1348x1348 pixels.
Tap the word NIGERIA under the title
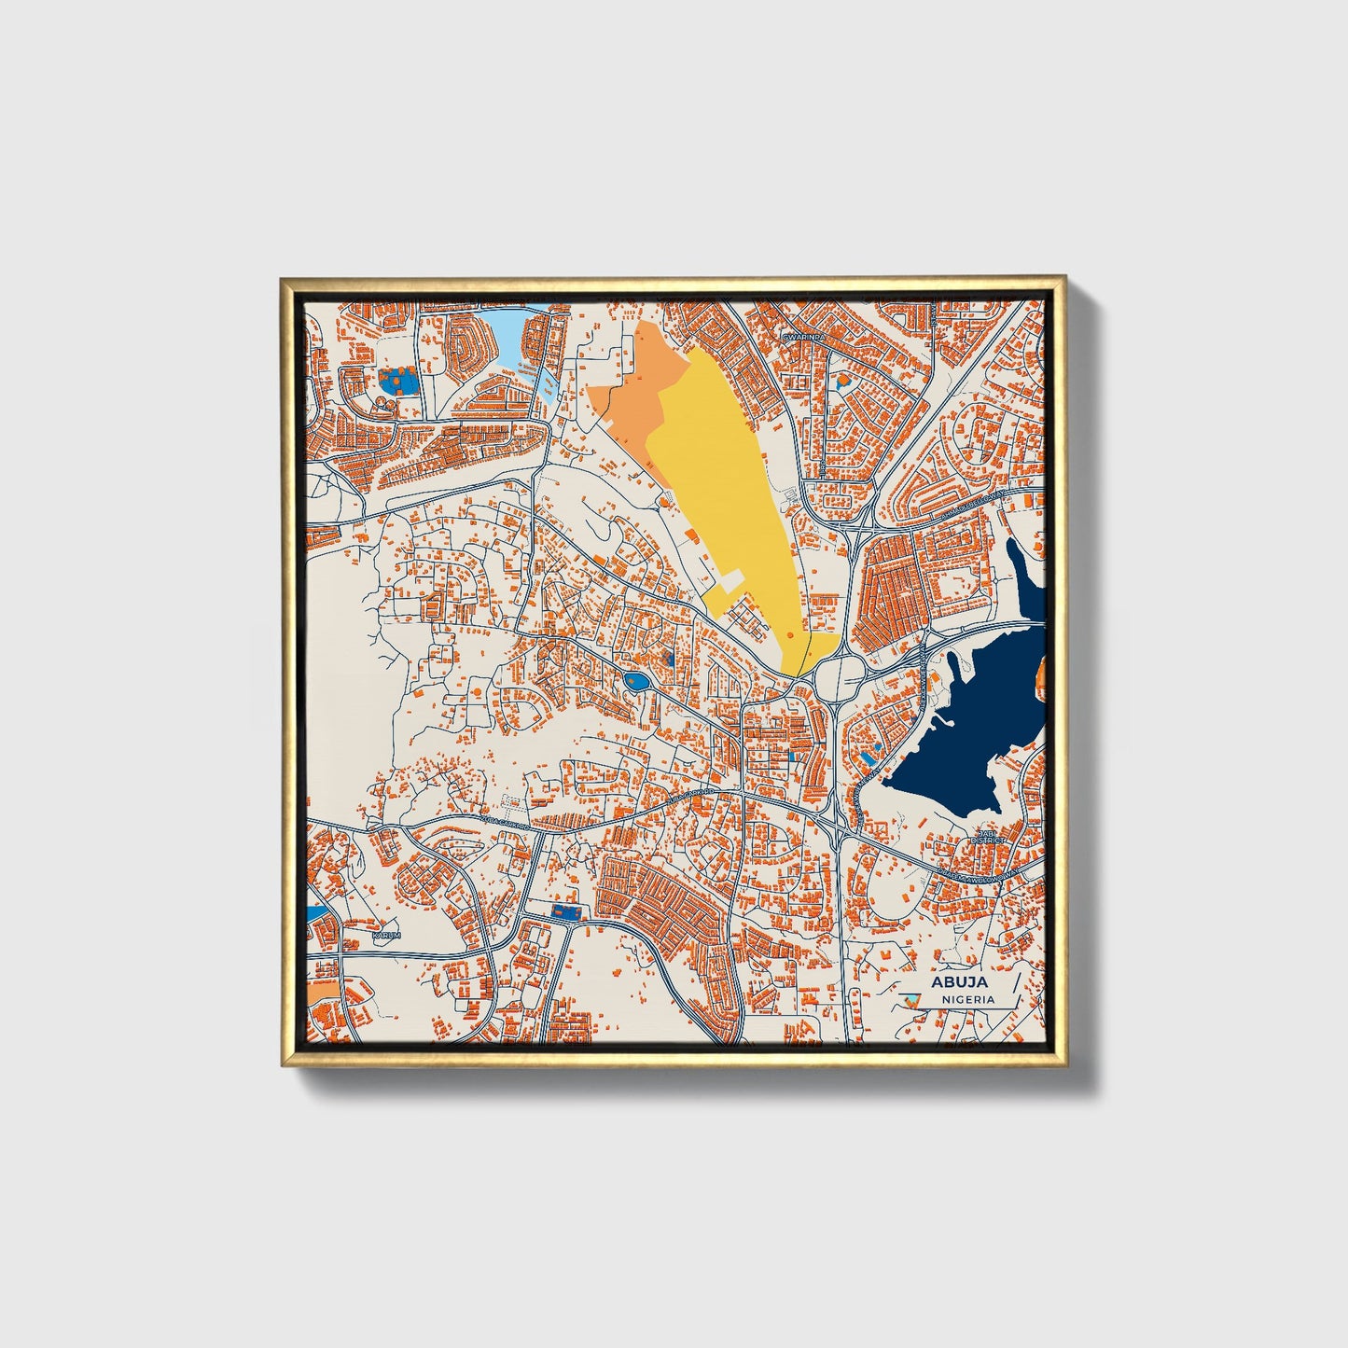[967, 999]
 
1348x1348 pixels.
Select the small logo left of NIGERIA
[913, 1000]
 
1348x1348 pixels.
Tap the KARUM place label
[385, 934]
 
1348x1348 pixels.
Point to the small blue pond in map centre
[637, 683]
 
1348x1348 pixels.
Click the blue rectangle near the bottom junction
[564, 911]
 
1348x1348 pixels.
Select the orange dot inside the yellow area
[789, 634]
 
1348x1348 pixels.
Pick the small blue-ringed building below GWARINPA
[843, 381]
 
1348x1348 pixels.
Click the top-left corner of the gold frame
[282, 278]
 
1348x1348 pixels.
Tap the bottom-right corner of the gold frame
[1064, 1065]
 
